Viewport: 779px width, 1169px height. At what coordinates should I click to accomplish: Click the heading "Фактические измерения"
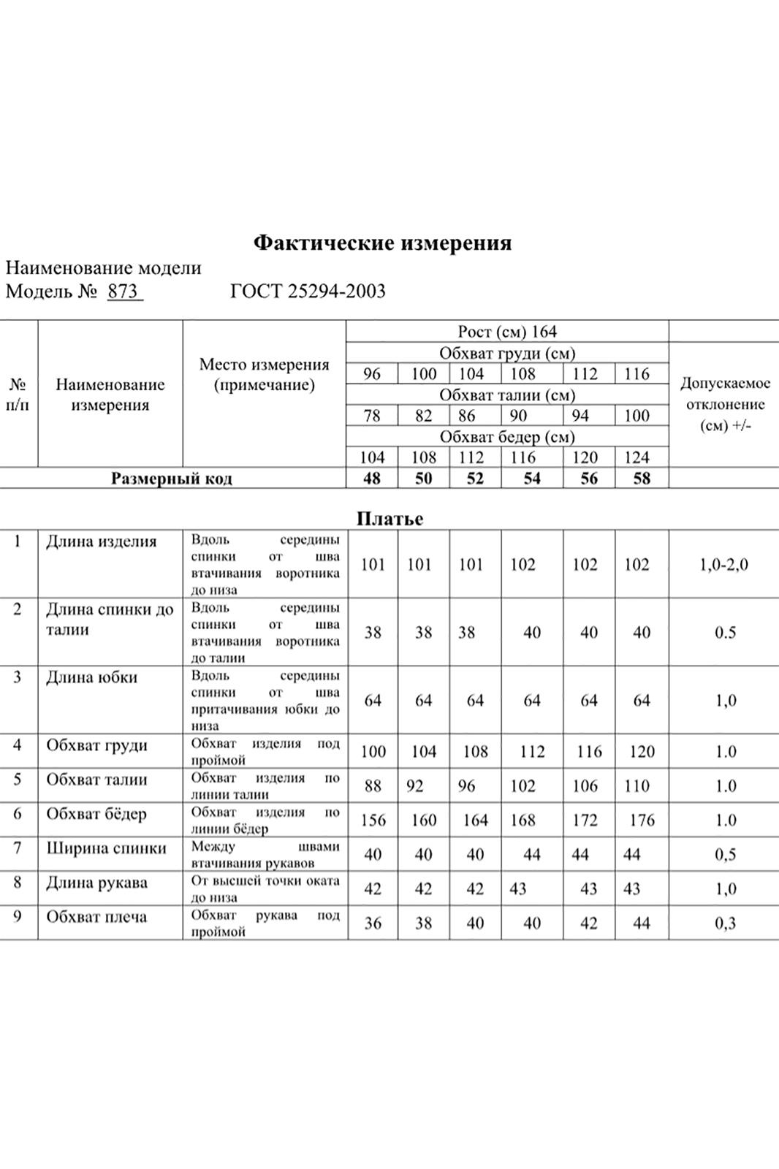[x=382, y=243]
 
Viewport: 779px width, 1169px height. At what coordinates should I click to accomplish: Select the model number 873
[x=123, y=292]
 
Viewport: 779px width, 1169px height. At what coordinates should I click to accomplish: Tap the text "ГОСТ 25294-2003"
[x=308, y=292]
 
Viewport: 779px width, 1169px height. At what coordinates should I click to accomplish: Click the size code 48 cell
[x=372, y=479]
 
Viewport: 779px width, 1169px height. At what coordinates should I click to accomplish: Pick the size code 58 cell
[x=641, y=479]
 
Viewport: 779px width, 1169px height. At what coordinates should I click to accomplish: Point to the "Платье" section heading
[x=389, y=519]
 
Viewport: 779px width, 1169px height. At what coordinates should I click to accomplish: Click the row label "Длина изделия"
[x=102, y=541]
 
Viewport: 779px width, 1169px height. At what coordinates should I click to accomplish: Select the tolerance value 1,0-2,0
[x=723, y=565]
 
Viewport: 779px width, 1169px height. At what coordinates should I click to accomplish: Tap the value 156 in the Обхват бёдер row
[x=373, y=820]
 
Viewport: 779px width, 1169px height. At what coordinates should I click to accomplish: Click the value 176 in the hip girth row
[x=642, y=820]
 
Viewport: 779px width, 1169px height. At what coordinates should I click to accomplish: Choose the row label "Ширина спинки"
[x=106, y=848]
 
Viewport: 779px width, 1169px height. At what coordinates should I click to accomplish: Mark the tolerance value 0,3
[x=725, y=924]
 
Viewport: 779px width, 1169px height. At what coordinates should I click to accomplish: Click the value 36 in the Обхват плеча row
[x=373, y=924]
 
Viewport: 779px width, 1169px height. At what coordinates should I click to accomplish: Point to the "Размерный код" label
[x=172, y=479]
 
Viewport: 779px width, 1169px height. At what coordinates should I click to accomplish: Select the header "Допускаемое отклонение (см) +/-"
[x=725, y=404]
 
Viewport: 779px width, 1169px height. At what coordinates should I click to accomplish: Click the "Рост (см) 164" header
[x=507, y=332]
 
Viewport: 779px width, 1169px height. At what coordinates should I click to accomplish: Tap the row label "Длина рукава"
[x=96, y=883]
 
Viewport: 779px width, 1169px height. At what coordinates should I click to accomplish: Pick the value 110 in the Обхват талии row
[x=636, y=786]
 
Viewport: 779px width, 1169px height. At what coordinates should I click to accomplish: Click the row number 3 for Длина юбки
[x=18, y=677]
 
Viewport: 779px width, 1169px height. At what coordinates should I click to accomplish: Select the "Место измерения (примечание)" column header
[x=264, y=375]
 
